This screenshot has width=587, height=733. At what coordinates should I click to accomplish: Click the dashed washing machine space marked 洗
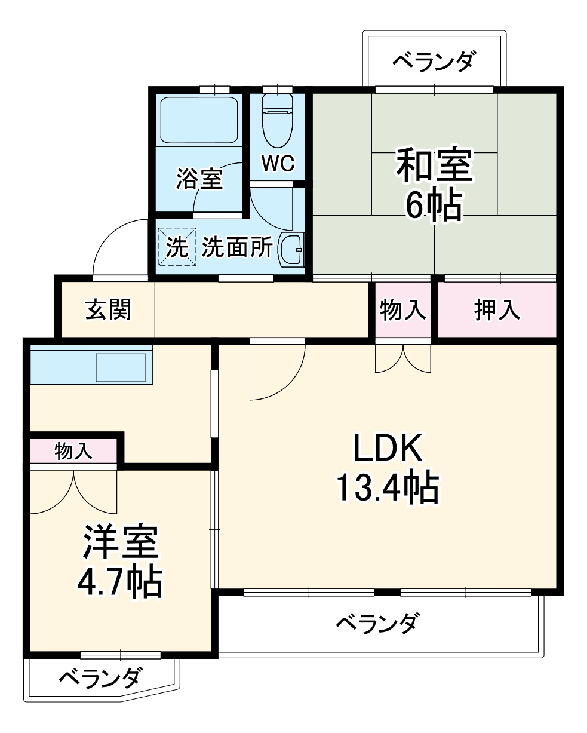coord(176,247)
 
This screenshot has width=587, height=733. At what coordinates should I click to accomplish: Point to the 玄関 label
coord(108,310)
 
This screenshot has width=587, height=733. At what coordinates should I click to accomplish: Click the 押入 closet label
coord(497,310)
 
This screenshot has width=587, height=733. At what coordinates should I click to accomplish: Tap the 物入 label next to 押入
coord(403,310)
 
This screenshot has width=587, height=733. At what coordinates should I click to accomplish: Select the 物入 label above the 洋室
coord(73,451)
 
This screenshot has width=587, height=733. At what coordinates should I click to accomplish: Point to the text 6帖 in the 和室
coord(434,206)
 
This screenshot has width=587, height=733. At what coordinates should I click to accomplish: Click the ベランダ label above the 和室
coord(435,61)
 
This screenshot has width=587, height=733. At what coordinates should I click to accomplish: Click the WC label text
coord(278,163)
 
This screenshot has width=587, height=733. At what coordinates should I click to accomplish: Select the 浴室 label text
coord(199,179)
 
